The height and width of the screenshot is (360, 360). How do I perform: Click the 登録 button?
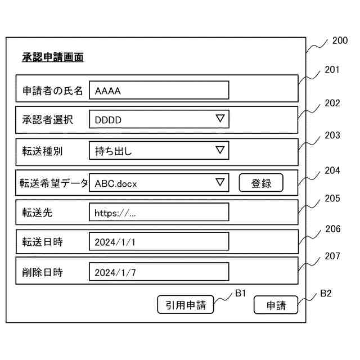261,183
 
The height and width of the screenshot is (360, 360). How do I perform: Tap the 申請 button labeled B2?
276,305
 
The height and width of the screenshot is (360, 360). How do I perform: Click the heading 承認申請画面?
53,57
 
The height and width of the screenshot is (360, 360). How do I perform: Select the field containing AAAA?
159,90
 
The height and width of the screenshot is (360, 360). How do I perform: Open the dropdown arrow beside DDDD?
220,119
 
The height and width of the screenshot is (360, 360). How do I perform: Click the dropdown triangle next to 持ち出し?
220,150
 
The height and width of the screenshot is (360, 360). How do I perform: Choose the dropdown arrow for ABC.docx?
220,182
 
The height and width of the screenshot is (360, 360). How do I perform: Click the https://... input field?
159,213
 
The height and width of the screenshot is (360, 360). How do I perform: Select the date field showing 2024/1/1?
159,242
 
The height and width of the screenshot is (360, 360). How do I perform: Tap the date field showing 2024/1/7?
159,272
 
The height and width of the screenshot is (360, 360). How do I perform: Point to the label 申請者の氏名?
52,90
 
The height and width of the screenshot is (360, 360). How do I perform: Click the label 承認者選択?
47,120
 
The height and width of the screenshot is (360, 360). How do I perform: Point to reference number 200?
340,40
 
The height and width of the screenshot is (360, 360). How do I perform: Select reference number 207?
332,256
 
